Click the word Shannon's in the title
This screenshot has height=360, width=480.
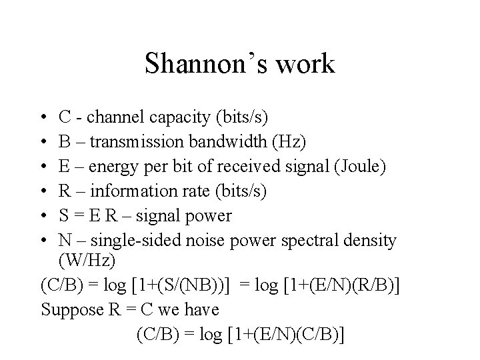coord(201,64)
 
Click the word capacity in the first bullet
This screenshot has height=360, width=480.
coord(175,119)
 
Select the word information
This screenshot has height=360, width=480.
coord(132,191)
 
